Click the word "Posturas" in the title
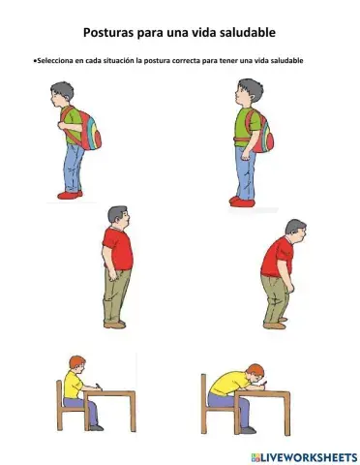[x=109, y=32]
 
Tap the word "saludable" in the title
[x=242, y=32]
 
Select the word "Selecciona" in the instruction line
[x=55, y=60]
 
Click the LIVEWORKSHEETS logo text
[x=308, y=456]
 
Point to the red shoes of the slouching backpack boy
[x=71, y=195]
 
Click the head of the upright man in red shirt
[x=117, y=215]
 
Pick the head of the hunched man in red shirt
[x=294, y=230]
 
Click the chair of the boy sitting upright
[x=64, y=407]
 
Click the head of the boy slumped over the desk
[x=255, y=373]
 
